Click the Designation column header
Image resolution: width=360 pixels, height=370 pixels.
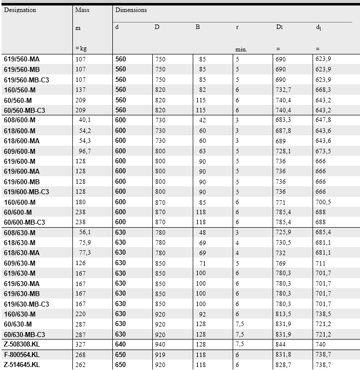pos(20,10)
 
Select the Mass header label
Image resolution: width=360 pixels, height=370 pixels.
pos(82,10)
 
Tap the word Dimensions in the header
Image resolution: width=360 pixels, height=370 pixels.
pos(131,10)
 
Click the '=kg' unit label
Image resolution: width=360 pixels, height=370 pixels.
pos(81,48)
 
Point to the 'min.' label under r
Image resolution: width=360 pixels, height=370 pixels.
pos(241,49)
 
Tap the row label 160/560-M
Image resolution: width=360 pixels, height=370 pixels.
pos(19,89)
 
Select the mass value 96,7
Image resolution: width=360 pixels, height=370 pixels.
pos(83,151)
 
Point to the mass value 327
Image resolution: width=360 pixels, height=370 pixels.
pos(81,345)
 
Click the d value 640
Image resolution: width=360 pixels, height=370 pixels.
pos(121,345)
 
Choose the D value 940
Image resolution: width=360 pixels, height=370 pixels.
pos(160,345)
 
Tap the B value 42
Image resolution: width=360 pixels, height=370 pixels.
pos(202,120)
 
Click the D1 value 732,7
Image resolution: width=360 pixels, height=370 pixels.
pos(283,89)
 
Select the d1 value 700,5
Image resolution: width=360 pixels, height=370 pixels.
pos(323,202)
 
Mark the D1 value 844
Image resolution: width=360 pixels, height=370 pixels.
pos(281,345)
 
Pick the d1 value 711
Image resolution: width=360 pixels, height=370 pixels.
pos(320,263)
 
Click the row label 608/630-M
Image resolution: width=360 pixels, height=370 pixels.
pos(19,232)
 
